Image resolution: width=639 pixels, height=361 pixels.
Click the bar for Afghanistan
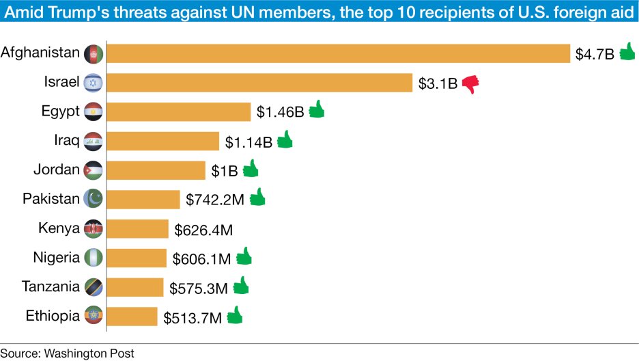pos(339,53)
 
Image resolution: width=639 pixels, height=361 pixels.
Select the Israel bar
pos(260,83)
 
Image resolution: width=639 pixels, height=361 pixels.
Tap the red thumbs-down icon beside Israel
pos(470,83)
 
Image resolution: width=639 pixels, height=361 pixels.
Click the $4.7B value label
pos(595,54)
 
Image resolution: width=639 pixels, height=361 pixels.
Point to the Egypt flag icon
pos(93,111)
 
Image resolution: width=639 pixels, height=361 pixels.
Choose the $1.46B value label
pos(280,111)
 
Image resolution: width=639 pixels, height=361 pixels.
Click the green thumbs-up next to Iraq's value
pos(285,140)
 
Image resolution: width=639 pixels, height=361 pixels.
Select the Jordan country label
pos(57,170)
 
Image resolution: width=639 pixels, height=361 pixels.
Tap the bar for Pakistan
pos(143,199)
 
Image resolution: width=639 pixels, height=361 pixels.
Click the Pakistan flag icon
pos(93,199)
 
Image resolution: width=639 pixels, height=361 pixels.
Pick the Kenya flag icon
pos(93,228)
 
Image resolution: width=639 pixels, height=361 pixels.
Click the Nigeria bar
pos(137,258)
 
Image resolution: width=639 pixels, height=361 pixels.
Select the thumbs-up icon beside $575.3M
pos(241,286)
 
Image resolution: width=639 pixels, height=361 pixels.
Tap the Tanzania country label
pos(51,286)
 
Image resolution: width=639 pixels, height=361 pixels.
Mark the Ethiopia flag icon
pos(93,316)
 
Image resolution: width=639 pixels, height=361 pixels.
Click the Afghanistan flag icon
pos(93,53)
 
